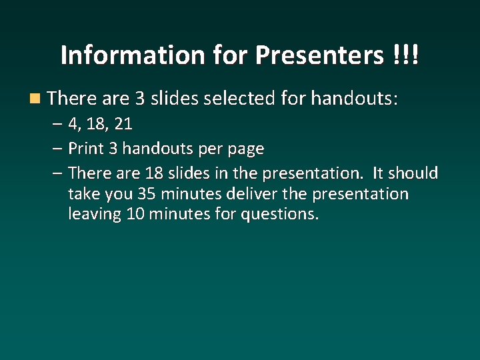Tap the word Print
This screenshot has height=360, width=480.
(85, 148)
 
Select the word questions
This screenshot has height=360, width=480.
(283, 215)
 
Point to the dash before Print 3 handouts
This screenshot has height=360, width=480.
(58, 148)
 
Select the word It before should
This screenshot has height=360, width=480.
(377, 173)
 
